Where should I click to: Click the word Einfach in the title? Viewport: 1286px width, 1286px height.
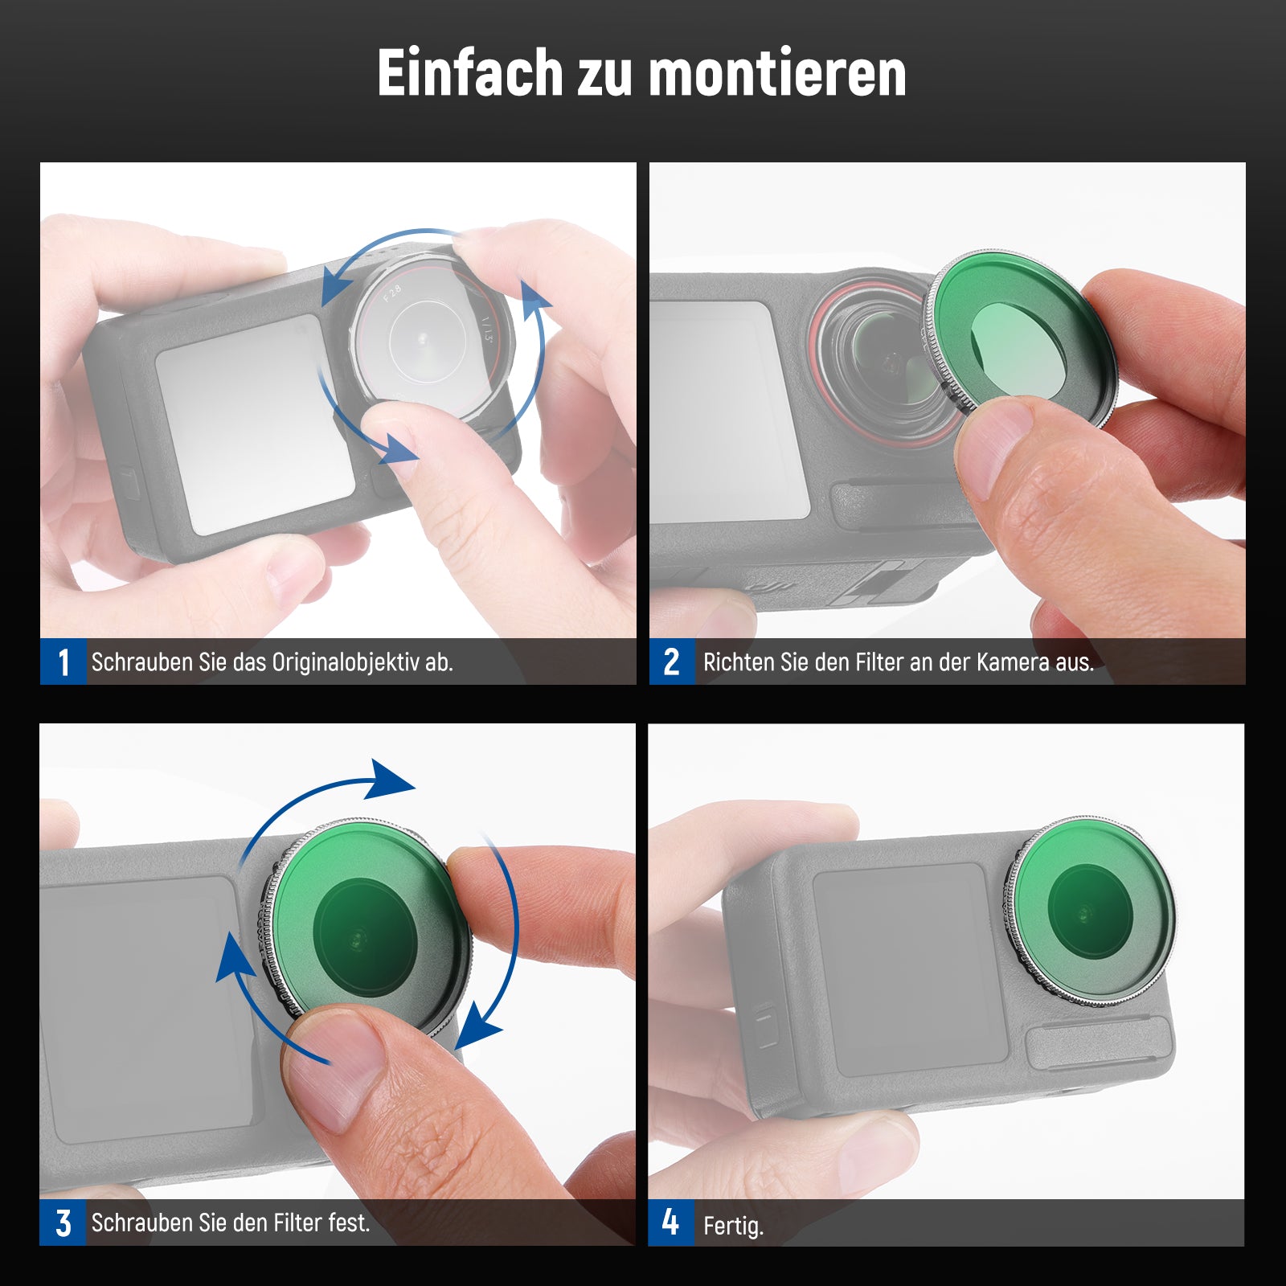click(x=470, y=73)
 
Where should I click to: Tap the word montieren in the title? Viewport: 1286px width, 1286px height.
click(x=777, y=73)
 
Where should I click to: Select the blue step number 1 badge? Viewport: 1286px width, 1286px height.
click(x=63, y=661)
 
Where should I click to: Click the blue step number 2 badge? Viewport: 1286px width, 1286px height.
click(x=672, y=661)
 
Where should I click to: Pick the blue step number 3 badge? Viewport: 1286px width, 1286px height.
click(x=63, y=1223)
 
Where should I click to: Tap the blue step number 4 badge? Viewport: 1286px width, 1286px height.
click(x=671, y=1223)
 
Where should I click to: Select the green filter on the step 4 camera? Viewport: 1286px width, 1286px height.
click(x=1091, y=911)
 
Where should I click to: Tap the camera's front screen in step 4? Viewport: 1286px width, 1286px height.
click(x=910, y=970)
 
